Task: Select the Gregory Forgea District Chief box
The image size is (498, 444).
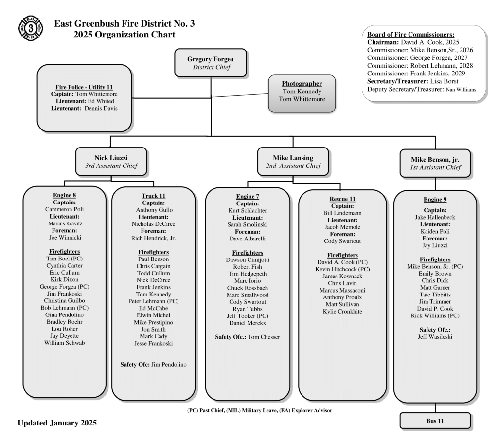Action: pos(211,63)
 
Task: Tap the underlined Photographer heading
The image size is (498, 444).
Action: pos(302,83)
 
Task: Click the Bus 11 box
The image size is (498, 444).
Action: pos(435,421)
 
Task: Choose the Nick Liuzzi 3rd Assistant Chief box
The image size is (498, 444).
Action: pos(111,162)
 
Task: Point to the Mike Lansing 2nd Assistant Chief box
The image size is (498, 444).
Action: pos(293,162)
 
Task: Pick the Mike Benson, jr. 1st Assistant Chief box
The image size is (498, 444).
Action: pos(435,163)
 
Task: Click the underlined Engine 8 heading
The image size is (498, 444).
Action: pos(64,195)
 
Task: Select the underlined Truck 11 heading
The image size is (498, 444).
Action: pos(153,196)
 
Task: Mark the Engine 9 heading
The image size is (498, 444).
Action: pos(435,199)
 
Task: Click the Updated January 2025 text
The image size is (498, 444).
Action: pos(57,423)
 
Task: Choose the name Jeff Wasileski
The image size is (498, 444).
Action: pos(435,336)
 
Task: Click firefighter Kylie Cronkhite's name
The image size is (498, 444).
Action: pos(342,311)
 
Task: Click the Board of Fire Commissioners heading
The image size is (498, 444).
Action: pos(411,35)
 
